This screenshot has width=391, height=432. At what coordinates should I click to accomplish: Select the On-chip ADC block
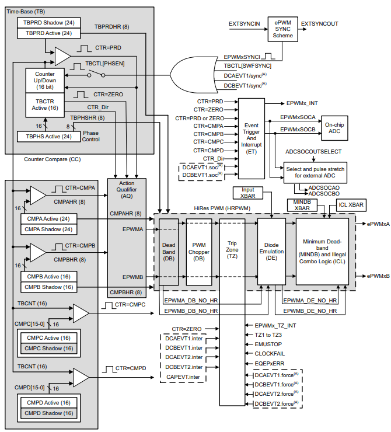(336, 128)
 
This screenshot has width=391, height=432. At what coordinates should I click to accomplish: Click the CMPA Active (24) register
(48, 218)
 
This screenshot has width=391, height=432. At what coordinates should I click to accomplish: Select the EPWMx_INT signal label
(302, 103)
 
